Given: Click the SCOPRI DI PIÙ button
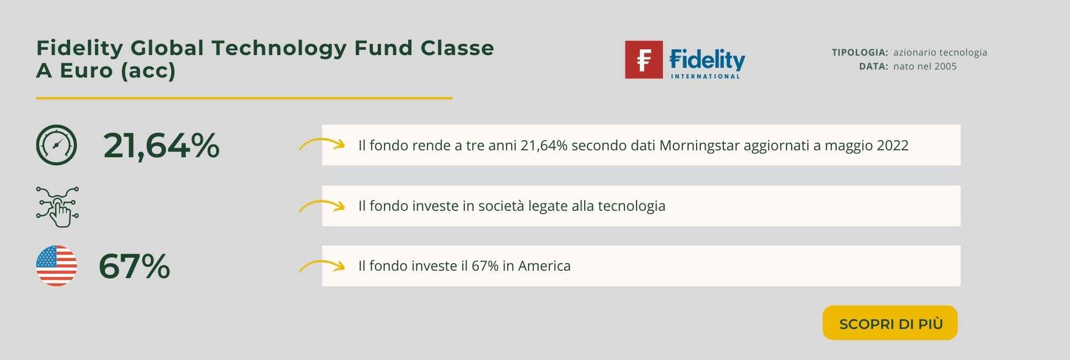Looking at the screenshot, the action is [890, 323].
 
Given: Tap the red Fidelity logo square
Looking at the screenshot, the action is [644, 59].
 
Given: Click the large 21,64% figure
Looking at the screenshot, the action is [161, 145].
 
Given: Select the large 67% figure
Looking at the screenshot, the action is [134, 266].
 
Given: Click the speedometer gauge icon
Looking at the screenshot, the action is [56, 145].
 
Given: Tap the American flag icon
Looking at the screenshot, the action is [56, 266].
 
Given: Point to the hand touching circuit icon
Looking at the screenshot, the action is [57, 206].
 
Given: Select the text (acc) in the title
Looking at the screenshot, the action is [148, 71].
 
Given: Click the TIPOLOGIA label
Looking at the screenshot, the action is [860, 52].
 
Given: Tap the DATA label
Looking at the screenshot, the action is [874, 66].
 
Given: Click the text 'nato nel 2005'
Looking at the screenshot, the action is [925, 66].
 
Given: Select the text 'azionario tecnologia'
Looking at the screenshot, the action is [940, 52].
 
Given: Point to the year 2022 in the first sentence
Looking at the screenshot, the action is [892, 145].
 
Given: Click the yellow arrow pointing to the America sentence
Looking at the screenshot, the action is [322, 264].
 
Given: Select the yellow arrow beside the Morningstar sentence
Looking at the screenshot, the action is [322, 143].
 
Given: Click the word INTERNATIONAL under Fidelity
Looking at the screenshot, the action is [706, 76].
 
